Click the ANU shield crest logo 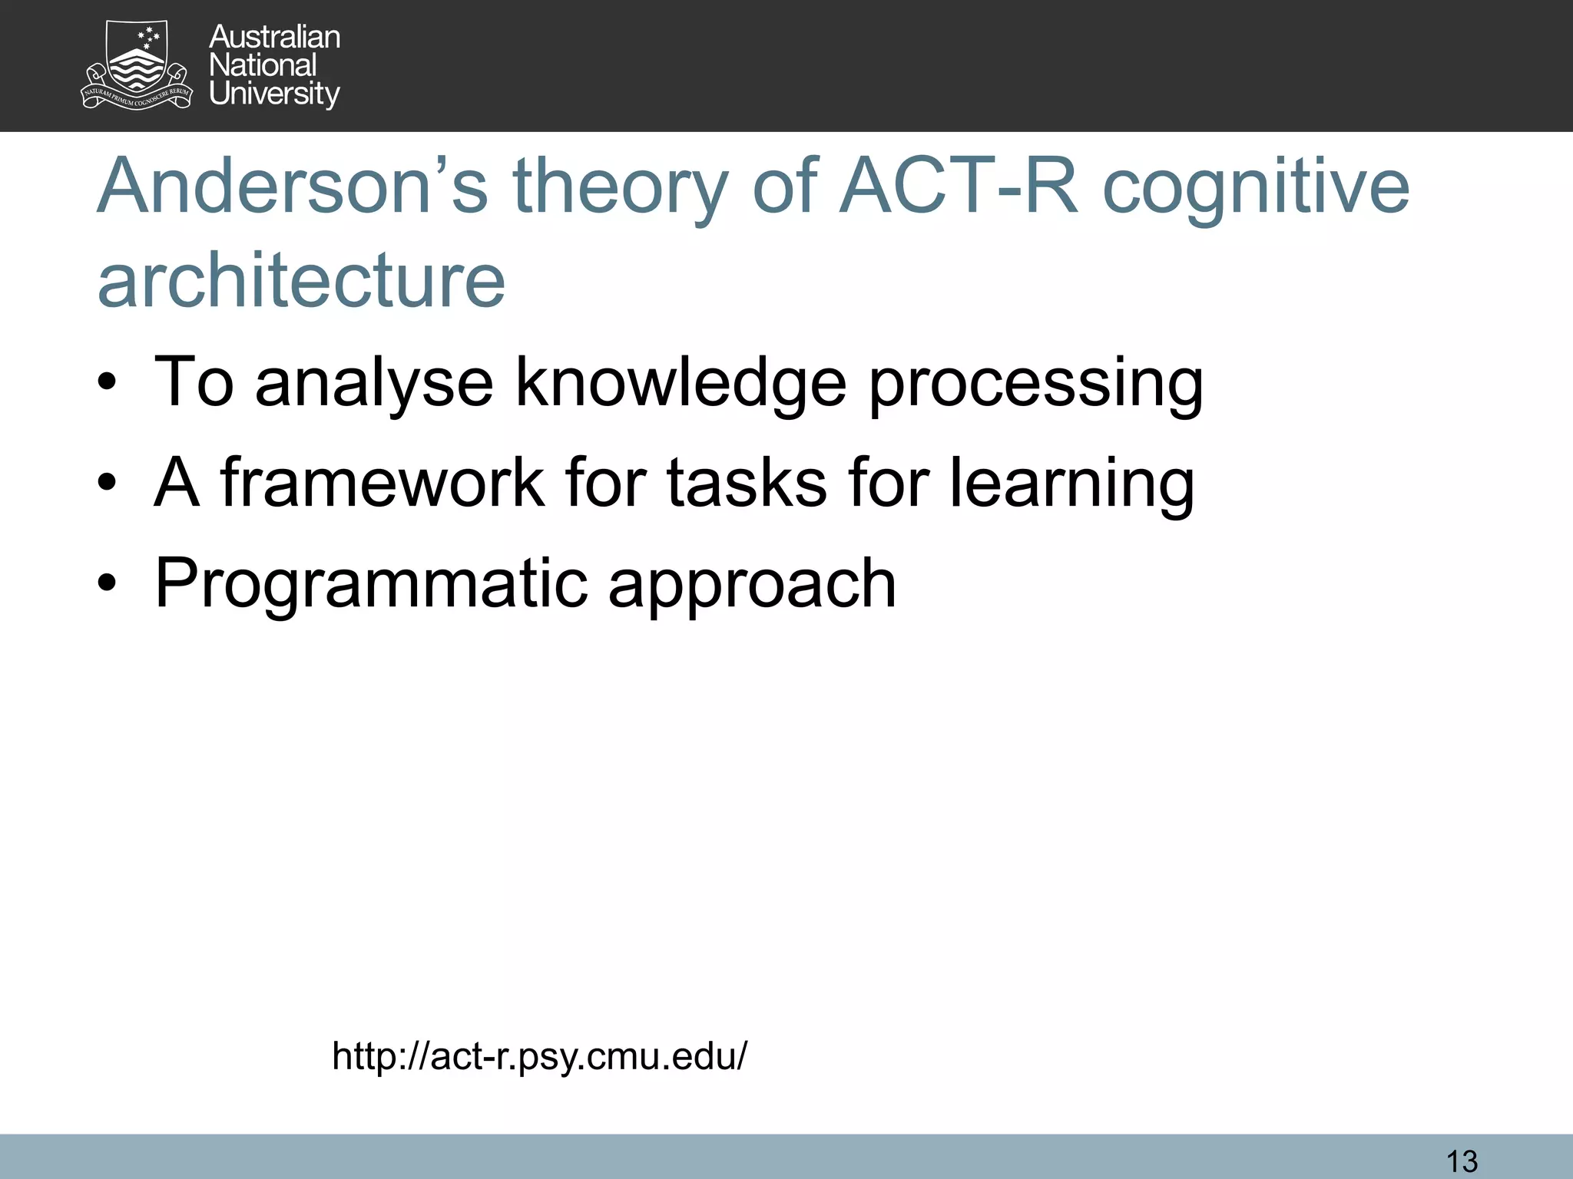(137, 65)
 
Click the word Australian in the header (274, 37)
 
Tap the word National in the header (262, 65)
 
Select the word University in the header (274, 94)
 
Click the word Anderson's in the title (292, 187)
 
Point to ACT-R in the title (959, 187)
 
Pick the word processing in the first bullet (1035, 384)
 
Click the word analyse (374, 384)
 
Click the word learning (1071, 484)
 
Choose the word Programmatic (371, 584)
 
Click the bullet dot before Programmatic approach (107, 583)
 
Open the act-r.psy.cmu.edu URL (539, 1056)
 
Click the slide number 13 (1462, 1161)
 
